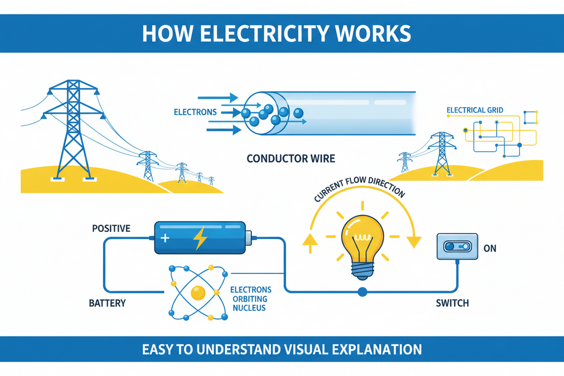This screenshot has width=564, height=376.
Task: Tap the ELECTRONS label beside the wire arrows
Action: point(195,112)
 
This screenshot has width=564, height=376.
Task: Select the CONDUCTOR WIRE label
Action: point(291,158)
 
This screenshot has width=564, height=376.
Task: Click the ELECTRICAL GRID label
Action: point(475,110)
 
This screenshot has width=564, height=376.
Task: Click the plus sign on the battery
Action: point(165,238)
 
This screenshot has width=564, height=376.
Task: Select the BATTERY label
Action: point(107,303)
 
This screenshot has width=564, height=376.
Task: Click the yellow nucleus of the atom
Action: point(197,293)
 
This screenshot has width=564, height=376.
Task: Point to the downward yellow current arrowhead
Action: point(414,242)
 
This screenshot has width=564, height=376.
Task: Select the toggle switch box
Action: point(457,247)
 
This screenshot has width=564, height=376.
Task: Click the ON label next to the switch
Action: point(490,249)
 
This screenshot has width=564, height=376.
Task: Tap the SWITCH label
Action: point(452,303)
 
